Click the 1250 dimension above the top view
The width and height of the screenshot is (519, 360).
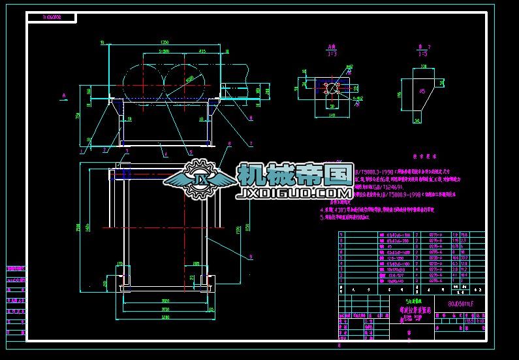(163, 43)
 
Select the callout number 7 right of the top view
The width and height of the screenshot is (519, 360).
(250, 143)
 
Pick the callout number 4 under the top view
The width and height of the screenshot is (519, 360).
(165, 154)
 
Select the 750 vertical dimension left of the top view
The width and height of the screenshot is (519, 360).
(78, 116)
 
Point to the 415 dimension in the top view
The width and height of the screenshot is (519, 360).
(202, 50)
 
